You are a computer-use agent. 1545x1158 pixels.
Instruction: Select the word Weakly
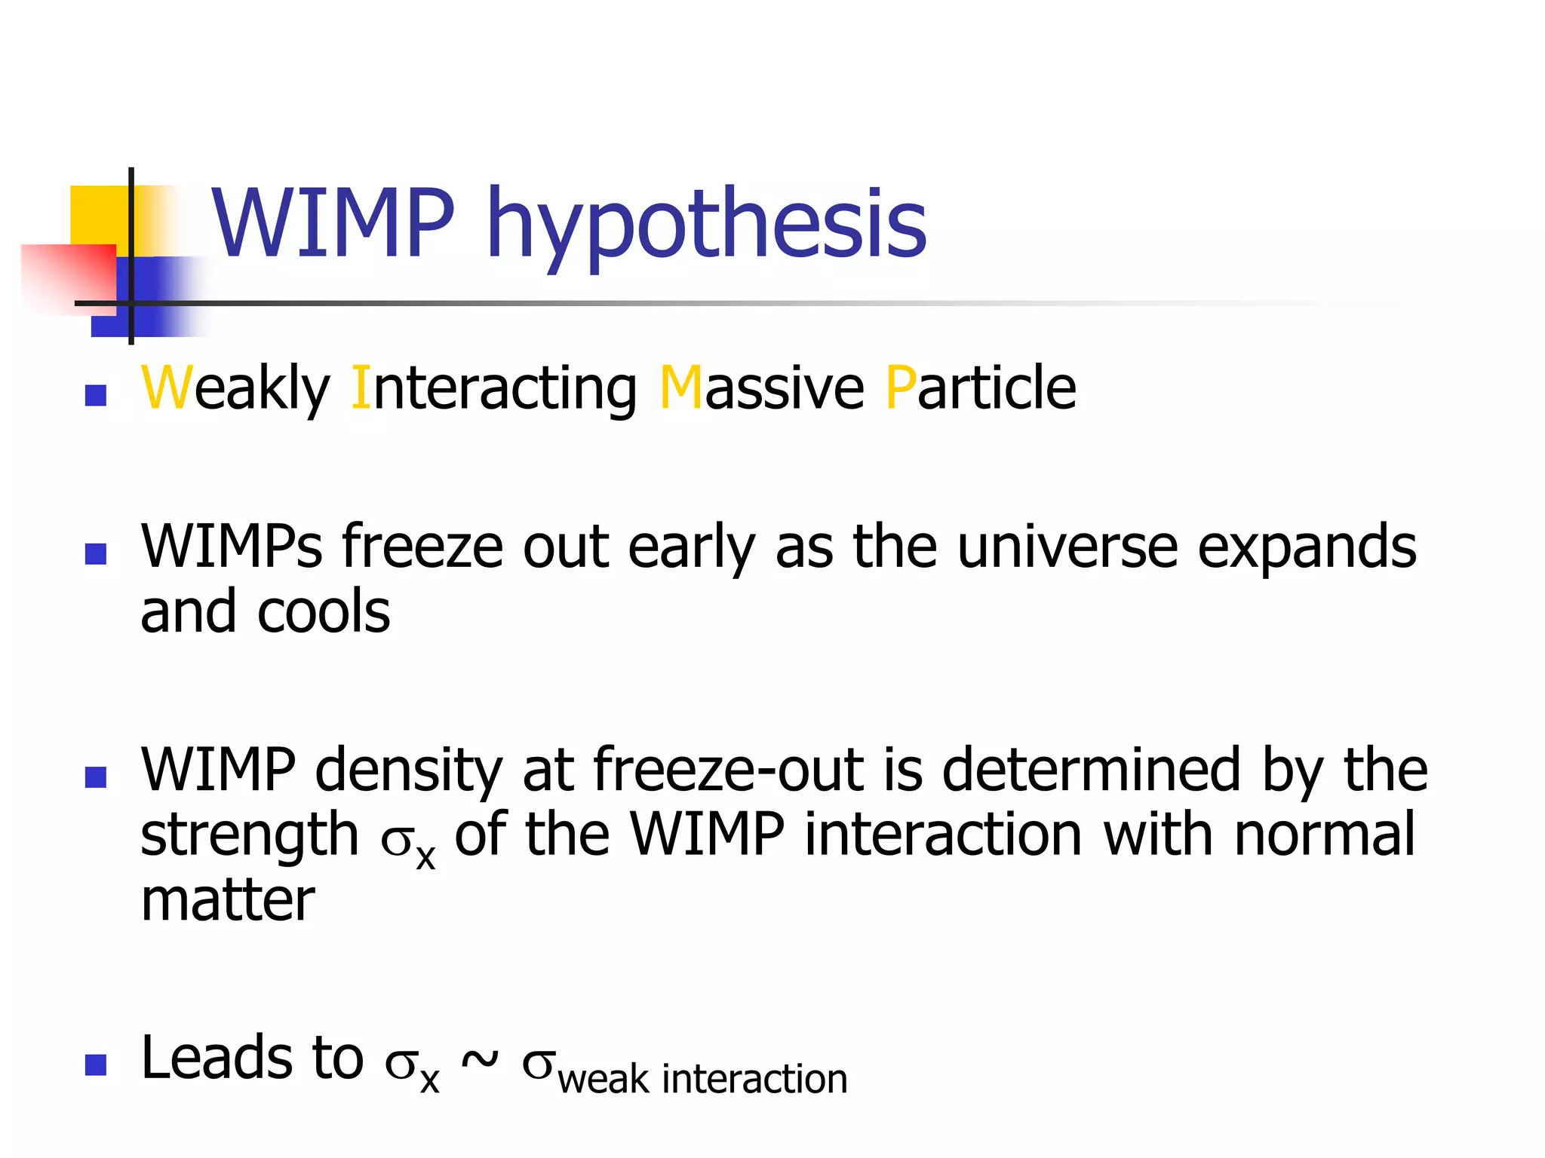point(235,388)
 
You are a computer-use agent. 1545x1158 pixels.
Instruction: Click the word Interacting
point(494,388)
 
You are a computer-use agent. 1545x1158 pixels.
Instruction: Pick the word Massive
point(761,388)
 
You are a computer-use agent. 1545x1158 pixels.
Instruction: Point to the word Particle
point(981,388)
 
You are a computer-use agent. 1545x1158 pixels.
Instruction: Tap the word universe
point(1067,547)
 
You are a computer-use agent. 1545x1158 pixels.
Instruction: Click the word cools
point(324,611)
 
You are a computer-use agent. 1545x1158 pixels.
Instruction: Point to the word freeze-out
point(729,770)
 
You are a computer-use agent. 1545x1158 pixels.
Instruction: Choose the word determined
point(1091,770)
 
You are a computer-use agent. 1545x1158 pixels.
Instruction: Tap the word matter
point(228,900)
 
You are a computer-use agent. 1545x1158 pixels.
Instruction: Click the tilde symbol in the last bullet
point(480,1060)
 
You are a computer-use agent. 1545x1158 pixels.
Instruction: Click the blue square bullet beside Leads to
point(96,1065)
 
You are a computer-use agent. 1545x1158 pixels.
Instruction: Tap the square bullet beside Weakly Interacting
point(96,395)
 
